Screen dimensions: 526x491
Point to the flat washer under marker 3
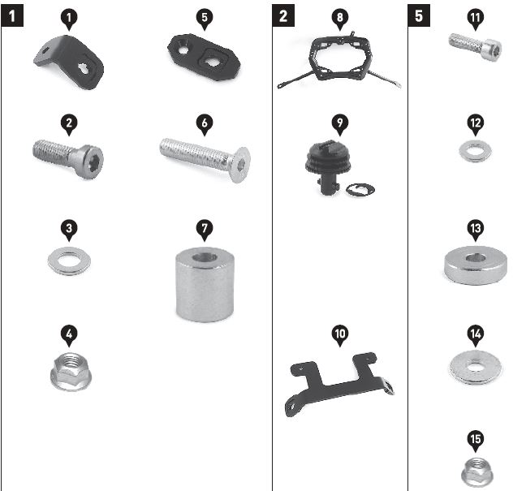(70, 261)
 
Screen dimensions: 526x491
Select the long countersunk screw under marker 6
(204, 157)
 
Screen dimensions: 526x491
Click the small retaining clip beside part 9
(359, 190)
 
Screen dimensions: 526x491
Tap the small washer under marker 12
(475, 151)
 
